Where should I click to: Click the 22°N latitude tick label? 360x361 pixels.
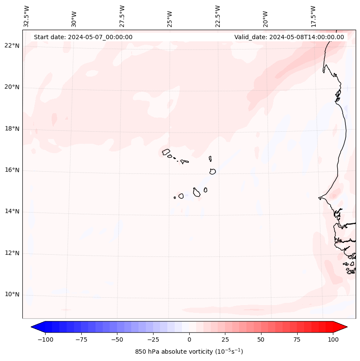[x=12, y=46]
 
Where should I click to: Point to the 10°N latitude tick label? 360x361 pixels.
[x=12, y=295]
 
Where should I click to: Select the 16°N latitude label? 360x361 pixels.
[x=12, y=170]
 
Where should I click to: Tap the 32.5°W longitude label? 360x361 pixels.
[x=27, y=16]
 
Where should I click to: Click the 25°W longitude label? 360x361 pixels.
[x=170, y=18]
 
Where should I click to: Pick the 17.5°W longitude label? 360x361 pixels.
[x=313, y=16]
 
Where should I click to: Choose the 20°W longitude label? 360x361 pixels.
[x=265, y=18]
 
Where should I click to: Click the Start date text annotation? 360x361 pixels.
[x=83, y=37]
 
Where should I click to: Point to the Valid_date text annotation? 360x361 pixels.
[x=289, y=37]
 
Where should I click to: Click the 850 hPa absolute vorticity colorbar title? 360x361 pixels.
[x=189, y=352]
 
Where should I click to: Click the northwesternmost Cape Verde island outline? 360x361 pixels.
[x=166, y=151]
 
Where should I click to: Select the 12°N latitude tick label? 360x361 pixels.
[x=12, y=253]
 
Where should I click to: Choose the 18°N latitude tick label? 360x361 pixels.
[x=12, y=129]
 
